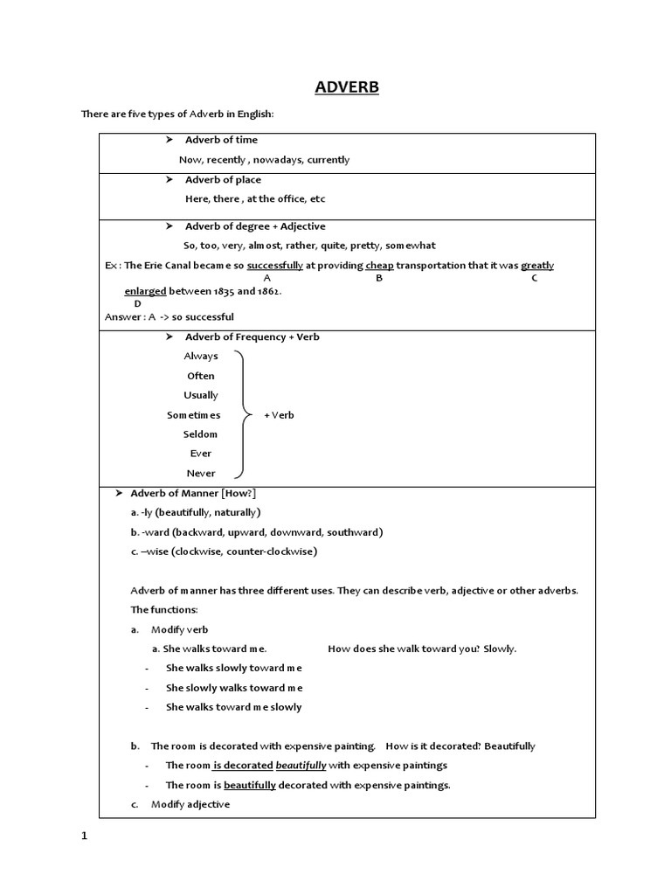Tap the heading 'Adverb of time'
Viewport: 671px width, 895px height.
coord(221,140)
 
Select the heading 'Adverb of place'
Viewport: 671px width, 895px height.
coord(223,180)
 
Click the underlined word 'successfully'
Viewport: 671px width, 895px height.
coord(275,266)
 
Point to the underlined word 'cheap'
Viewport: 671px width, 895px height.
coord(379,266)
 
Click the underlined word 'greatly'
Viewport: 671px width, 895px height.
coord(537,266)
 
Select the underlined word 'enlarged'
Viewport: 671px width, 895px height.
coord(145,291)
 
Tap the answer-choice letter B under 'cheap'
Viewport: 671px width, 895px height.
coord(379,278)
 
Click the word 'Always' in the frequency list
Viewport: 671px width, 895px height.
coord(201,357)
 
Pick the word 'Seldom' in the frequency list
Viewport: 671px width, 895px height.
coord(201,434)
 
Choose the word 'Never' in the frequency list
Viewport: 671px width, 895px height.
coord(201,474)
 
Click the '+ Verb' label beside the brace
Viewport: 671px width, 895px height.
coord(280,415)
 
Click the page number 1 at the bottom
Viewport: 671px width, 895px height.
coord(85,836)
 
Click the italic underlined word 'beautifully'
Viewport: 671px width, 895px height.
coord(301,766)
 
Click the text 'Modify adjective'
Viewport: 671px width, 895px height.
coord(190,804)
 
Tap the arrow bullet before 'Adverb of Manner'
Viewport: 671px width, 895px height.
coord(120,494)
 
